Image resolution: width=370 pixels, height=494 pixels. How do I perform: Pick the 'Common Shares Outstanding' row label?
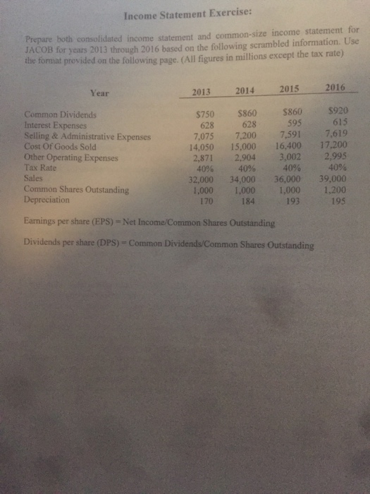pyautogui.click(x=76, y=190)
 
